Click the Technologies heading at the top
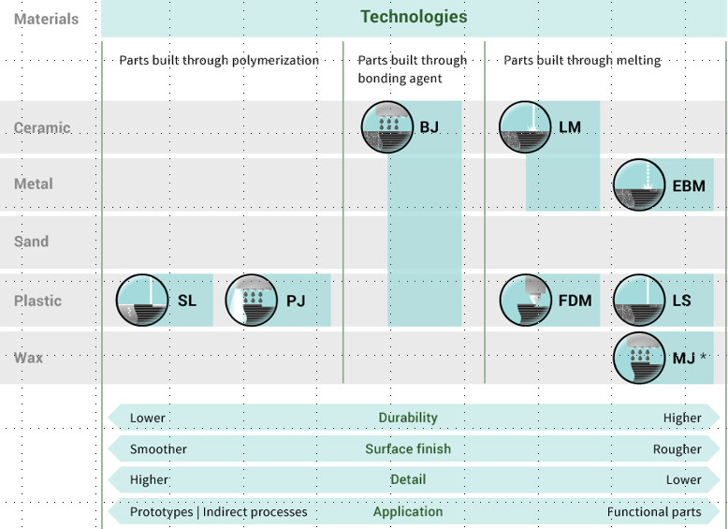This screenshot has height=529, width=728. click(413, 17)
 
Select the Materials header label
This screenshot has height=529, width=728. click(47, 19)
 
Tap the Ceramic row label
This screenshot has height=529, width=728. click(42, 127)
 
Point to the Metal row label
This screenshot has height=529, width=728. click(34, 184)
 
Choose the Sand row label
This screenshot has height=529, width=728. click(32, 242)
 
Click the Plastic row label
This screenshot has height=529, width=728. click(38, 301)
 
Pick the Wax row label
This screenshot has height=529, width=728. click(29, 358)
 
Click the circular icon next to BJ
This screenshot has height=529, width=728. click(387, 127)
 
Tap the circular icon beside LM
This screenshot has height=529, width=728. click(525, 127)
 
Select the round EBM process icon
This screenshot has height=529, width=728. click(639, 185)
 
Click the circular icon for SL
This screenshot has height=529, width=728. click(142, 301)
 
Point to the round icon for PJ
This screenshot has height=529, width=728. click(253, 301)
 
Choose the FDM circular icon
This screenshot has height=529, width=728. click(525, 301)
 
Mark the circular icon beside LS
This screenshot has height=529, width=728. click(639, 301)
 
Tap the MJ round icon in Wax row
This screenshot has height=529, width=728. click(639, 358)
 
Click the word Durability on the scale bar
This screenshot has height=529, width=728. click(408, 418)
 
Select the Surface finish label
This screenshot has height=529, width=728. click(408, 448)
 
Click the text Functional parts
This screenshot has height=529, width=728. click(654, 512)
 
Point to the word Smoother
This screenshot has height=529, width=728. click(158, 449)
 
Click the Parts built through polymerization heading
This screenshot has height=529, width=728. click(219, 60)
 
